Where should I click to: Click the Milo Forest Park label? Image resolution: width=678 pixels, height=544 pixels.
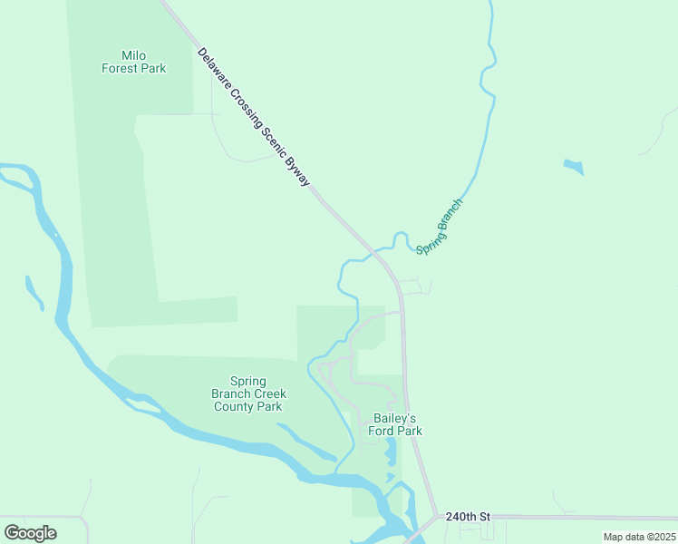(x=132, y=61)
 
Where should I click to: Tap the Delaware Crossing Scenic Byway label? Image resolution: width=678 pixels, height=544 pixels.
(x=254, y=118)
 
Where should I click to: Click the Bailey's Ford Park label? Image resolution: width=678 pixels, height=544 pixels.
(x=395, y=424)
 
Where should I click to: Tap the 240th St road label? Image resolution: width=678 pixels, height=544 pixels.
(x=468, y=517)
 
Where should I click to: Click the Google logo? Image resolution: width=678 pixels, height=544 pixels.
(x=30, y=533)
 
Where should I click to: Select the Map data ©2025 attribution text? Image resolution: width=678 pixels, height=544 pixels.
(x=639, y=537)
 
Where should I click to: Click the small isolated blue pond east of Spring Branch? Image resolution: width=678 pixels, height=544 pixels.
(x=574, y=167)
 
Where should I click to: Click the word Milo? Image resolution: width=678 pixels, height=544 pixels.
(x=133, y=54)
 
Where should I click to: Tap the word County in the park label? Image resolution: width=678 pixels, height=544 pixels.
(x=234, y=406)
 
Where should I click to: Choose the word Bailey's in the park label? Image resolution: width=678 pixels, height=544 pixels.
(x=395, y=418)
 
